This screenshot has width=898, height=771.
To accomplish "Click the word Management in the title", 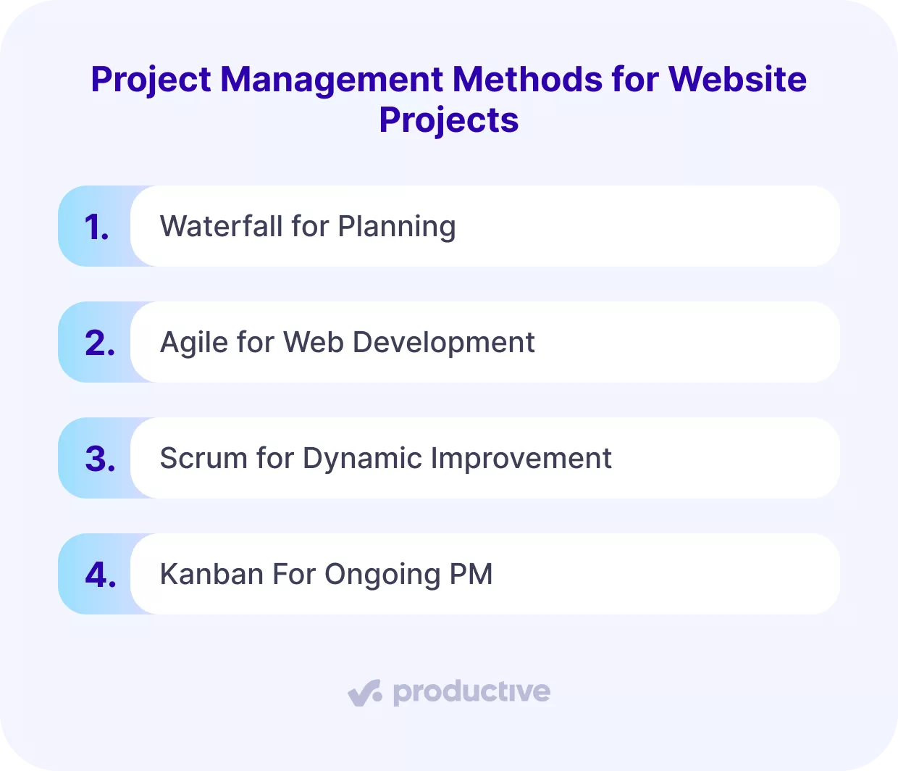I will click(x=331, y=79).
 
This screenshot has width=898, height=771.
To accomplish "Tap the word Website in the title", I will click(x=737, y=79).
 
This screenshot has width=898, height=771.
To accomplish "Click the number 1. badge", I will click(x=97, y=227).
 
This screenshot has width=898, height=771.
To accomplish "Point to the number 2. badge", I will click(x=100, y=343).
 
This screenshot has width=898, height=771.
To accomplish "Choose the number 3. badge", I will click(x=100, y=459).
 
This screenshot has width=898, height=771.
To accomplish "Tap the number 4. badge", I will click(x=100, y=575).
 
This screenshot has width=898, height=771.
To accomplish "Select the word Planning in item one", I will click(x=397, y=228).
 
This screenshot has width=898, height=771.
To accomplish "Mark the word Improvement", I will click(x=521, y=459).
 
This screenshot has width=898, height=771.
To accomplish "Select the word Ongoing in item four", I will click(x=382, y=575).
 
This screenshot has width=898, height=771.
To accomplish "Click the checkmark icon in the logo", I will click(x=364, y=692).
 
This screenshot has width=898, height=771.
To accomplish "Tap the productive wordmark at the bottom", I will click(x=471, y=693).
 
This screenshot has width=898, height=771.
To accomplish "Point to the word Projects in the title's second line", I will click(x=449, y=120).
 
